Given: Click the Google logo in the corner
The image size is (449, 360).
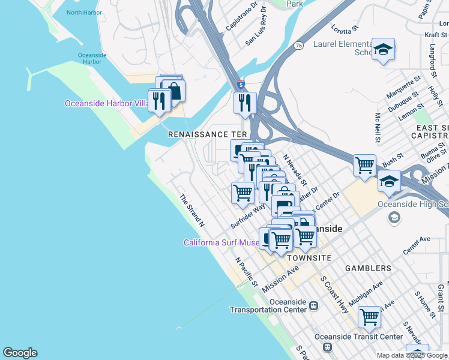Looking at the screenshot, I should click(x=20, y=353).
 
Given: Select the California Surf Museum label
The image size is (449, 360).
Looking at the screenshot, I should click(x=221, y=243).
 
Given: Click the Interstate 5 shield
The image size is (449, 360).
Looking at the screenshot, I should click(x=241, y=85).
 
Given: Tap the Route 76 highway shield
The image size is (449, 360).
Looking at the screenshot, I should click(x=299, y=45).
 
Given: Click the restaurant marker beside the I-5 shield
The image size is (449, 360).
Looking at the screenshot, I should click(x=245, y=103).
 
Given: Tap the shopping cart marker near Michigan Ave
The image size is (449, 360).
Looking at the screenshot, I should click(x=369, y=316).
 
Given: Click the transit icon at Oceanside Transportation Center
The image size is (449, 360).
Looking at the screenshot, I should click(x=313, y=306).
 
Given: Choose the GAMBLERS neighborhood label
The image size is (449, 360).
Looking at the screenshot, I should click(x=368, y=268).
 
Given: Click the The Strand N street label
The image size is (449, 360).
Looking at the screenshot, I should click(x=193, y=210).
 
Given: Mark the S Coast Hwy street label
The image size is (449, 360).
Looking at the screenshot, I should click(x=334, y=295).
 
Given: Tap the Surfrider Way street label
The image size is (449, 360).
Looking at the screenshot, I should click(x=248, y=216).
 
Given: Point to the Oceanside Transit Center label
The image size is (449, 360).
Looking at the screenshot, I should click(x=359, y=337).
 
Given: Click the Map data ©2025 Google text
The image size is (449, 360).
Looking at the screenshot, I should click(x=411, y=355).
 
